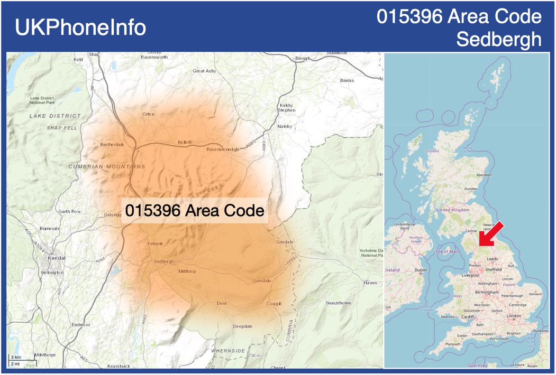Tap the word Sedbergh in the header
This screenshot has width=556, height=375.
[x=499, y=39]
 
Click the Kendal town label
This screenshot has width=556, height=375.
[x=57, y=258]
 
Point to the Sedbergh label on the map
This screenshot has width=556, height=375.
[x=163, y=261]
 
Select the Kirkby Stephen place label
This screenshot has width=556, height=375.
[x=286, y=108]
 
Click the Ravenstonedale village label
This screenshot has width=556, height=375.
[x=223, y=149]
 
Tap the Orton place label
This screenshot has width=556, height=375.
[x=149, y=114]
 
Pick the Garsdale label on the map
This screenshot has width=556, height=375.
[x=262, y=280]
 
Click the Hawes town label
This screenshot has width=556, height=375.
[x=370, y=283]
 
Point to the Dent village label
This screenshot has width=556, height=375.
[x=222, y=303]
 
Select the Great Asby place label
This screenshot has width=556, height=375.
[x=204, y=71]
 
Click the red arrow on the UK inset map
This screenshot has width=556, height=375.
[x=490, y=235]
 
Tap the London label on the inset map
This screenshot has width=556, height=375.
[x=514, y=316]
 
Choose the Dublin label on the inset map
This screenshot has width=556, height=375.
[x=421, y=270]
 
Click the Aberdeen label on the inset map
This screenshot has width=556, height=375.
[x=484, y=175]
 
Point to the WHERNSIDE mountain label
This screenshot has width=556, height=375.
[x=228, y=350]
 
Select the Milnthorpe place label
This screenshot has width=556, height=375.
[x=44, y=355]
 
